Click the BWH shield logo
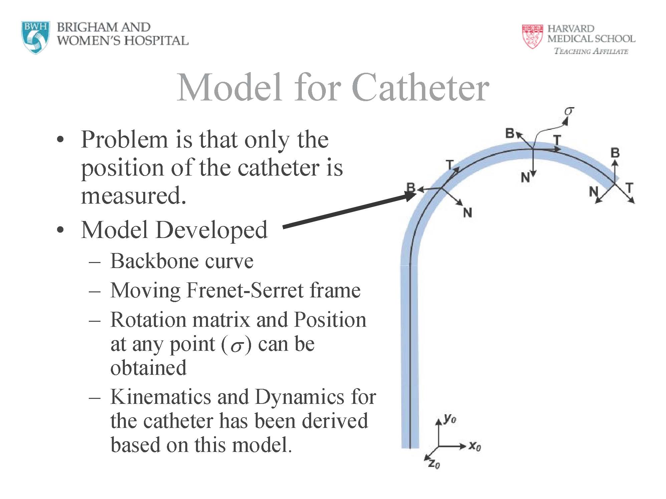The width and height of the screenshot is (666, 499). [35, 37]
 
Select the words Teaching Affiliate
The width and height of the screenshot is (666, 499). [591, 51]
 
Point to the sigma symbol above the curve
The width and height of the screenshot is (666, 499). [569, 111]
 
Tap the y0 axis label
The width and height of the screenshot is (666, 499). [450, 419]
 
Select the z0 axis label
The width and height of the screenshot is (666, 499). [434, 464]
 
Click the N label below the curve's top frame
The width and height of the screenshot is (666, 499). [525, 178]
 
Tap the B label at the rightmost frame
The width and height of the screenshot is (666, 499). [615, 153]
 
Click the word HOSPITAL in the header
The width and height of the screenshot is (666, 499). [157, 41]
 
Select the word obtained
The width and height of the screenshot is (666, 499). [148, 368]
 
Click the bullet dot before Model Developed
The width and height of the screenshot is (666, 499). [60, 230]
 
